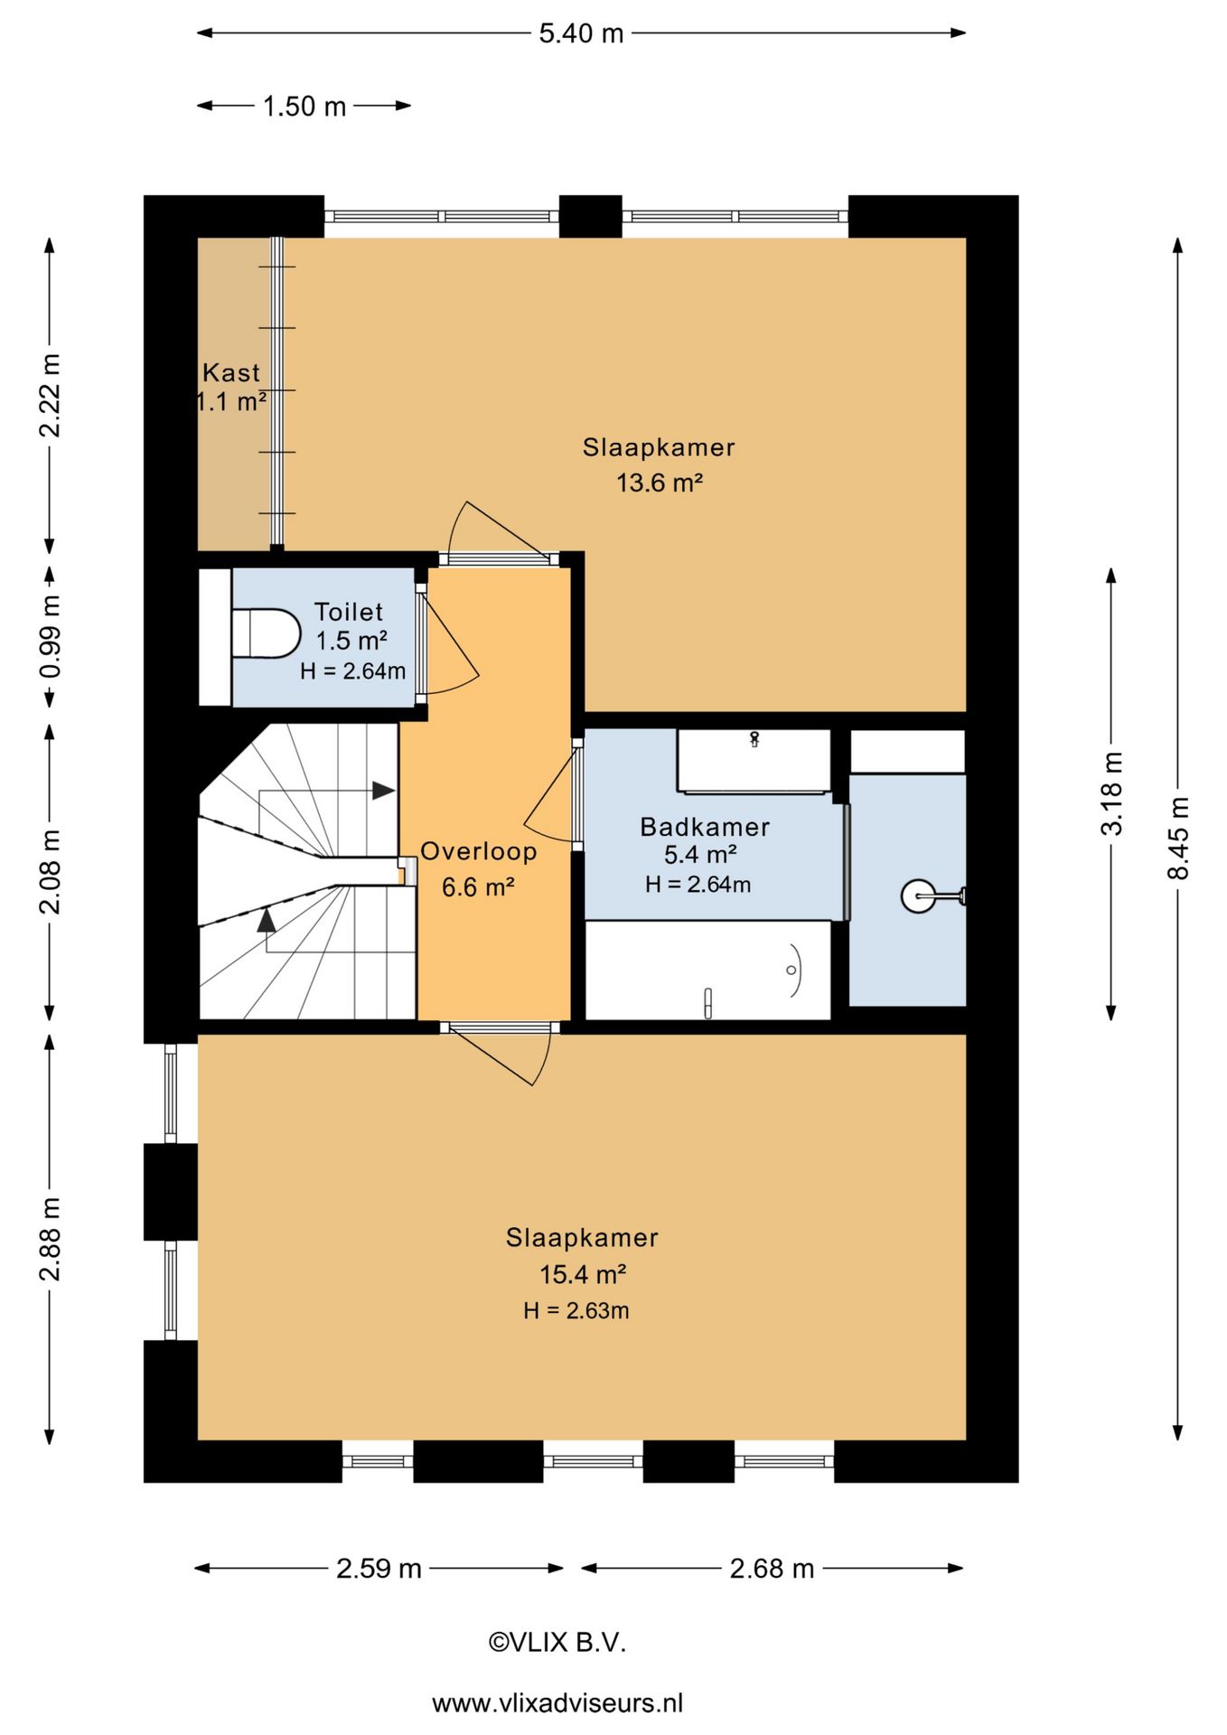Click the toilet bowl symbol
click(266, 633)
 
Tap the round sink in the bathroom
click(918, 896)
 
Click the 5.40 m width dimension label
click(581, 33)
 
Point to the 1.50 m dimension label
click(304, 107)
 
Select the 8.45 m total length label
click(1178, 838)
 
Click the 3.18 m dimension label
click(1112, 793)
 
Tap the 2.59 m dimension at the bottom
click(379, 1568)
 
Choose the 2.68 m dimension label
click(772, 1568)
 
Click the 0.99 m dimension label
click(51, 636)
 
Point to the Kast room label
click(231, 372)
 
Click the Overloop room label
click(479, 851)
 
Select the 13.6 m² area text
click(660, 483)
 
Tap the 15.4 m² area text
click(583, 1274)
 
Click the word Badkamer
click(705, 827)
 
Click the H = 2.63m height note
click(576, 1310)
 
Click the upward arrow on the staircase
click(266, 920)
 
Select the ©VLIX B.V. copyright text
click(557, 1642)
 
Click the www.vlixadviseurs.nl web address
click(557, 1703)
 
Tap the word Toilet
click(349, 612)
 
